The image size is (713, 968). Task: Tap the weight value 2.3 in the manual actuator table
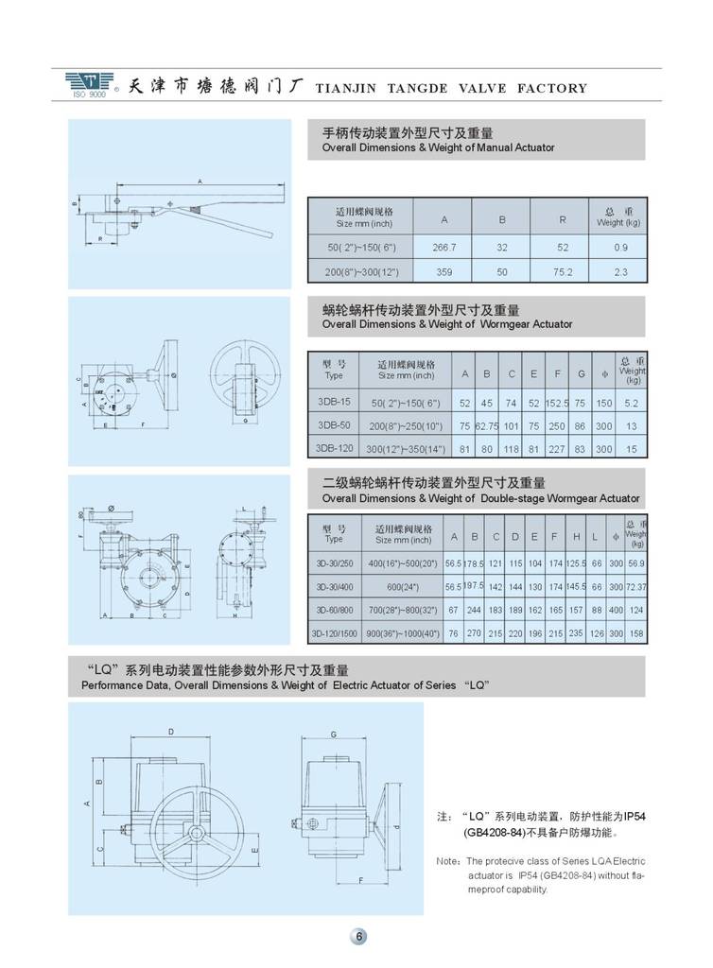tap(619, 271)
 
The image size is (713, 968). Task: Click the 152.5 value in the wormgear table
tap(557, 401)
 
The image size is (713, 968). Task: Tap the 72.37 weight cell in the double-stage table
tap(635, 586)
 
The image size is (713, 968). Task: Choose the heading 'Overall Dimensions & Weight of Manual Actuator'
tap(438, 147)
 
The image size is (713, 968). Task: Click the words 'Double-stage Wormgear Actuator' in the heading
tap(559, 498)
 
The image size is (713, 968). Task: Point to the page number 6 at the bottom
tap(359, 937)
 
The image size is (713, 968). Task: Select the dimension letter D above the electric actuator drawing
tap(170, 732)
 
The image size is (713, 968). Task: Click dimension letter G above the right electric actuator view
tap(334, 734)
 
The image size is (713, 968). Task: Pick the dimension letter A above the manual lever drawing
tap(200, 180)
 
